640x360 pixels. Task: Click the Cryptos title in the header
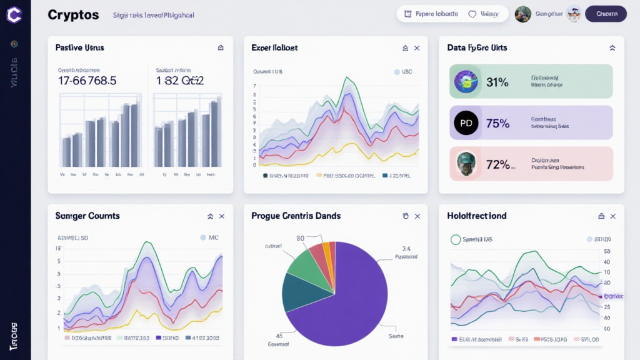pyautogui.click(x=73, y=15)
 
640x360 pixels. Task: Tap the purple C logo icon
pyautogui.click(x=14, y=14)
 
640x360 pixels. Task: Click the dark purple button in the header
pyautogui.click(x=606, y=14)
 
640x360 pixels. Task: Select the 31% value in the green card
pyautogui.click(x=497, y=82)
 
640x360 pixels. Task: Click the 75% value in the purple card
pyautogui.click(x=497, y=123)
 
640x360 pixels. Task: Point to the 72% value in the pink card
pyautogui.click(x=497, y=164)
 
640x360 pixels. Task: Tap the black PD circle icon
pyautogui.click(x=466, y=123)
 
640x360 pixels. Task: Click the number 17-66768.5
pyautogui.click(x=87, y=81)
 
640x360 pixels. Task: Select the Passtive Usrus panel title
pyautogui.click(x=79, y=47)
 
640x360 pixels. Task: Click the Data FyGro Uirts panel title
pyautogui.click(x=477, y=47)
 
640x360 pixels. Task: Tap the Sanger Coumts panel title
pyautogui.click(x=87, y=216)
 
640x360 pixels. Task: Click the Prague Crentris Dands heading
pyautogui.click(x=296, y=216)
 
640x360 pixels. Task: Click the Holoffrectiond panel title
pyautogui.click(x=477, y=216)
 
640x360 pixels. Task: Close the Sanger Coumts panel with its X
pyautogui.click(x=222, y=216)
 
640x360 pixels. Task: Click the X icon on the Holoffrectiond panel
pyautogui.click(x=612, y=216)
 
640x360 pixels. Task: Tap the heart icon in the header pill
pyautogui.click(x=472, y=14)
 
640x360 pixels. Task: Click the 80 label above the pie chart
pyautogui.click(x=300, y=238)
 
